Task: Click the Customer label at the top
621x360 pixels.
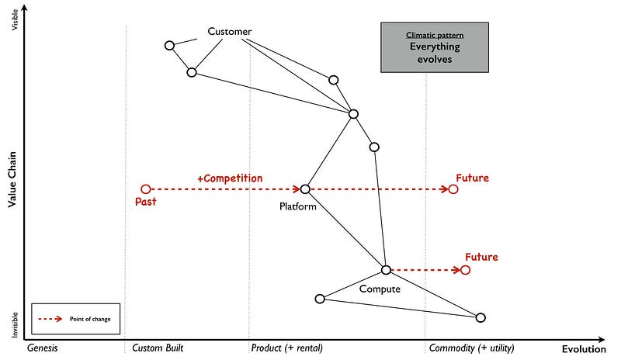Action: pyautogui.click(x=230, y=32)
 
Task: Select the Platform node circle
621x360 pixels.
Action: pyautogui.click(x=305, y=189)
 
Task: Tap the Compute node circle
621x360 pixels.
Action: pyautogui.click(x=386, y=270)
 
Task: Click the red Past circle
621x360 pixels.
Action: pyautogui.click(x=145, y=189)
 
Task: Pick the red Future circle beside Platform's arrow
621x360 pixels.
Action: pyautogui.click(x=453, y=189)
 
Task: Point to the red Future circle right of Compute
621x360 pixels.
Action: pyautogui.click(x=465, y=270)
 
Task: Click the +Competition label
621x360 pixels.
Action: pyautogui.click(x=230, y=178)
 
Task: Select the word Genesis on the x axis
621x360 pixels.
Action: pyautogui.click(x=43, y=348)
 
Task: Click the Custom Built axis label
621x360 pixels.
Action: pyautogui.click(x=158, y=348)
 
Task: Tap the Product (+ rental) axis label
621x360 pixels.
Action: pyautogui.click(x=286, y=348)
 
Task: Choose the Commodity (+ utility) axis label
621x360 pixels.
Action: pyautogui.click(x=471, y=348)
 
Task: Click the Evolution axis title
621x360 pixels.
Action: pyautogui.click(x=585, y=349)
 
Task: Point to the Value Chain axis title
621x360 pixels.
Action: pyautogui.click(x=13, y=179)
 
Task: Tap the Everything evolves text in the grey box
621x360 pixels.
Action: pyautogui.click(x=435, y=53)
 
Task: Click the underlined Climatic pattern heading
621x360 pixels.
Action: pyautogui.click(x=435, y=35)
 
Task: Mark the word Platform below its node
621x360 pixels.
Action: pyautogui.click(x=298, y=207)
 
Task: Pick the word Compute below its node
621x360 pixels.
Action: pyautogui.click(x=380, y=289)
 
